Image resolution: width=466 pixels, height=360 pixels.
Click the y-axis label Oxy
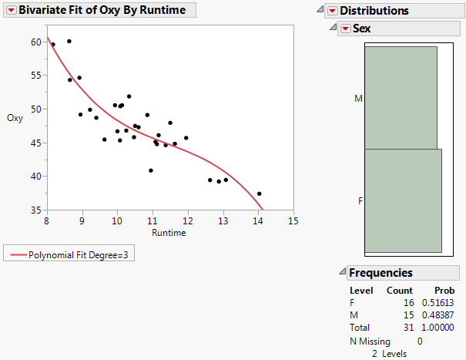click(15, 118)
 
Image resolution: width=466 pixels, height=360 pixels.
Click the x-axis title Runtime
click(168, 233)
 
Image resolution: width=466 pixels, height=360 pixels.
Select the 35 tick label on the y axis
click(36, 210)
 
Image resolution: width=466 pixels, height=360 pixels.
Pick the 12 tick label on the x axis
click(187, 221)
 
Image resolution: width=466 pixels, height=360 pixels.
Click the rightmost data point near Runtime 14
click(260, 193)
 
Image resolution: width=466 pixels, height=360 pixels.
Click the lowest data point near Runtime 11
click(151, 170)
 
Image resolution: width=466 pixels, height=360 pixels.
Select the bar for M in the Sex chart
click(401, 98)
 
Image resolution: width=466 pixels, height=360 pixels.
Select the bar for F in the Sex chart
click(403, 200)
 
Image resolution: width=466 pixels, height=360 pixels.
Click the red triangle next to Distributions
click(333, 11)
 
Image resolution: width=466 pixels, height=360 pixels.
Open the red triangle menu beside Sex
click(346, 29)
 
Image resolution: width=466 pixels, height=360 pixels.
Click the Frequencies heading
click(381, 273)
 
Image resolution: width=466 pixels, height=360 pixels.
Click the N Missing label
click(370, 341)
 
